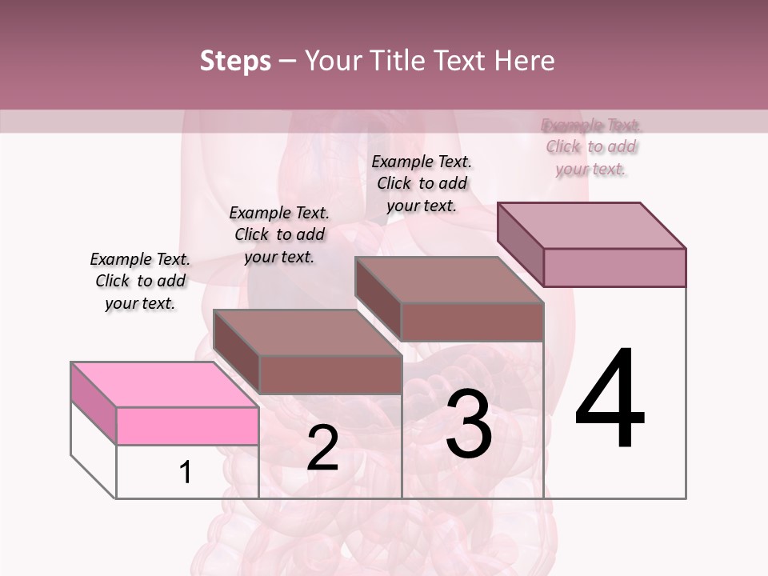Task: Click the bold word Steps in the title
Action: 234,61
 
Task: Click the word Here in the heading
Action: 524,61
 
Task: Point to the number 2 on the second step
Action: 322,448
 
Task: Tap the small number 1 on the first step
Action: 186,472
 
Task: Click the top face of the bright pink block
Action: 164,385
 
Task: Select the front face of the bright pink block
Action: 187,426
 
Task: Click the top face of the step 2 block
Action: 307,332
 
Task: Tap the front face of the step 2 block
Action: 330,374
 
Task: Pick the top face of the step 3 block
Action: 449,279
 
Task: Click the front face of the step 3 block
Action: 472,322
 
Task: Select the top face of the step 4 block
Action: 591,225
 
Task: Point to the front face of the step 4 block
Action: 614,267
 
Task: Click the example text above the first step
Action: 140,281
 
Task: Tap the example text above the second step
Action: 279,234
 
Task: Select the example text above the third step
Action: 422,183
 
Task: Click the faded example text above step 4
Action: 591,146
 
